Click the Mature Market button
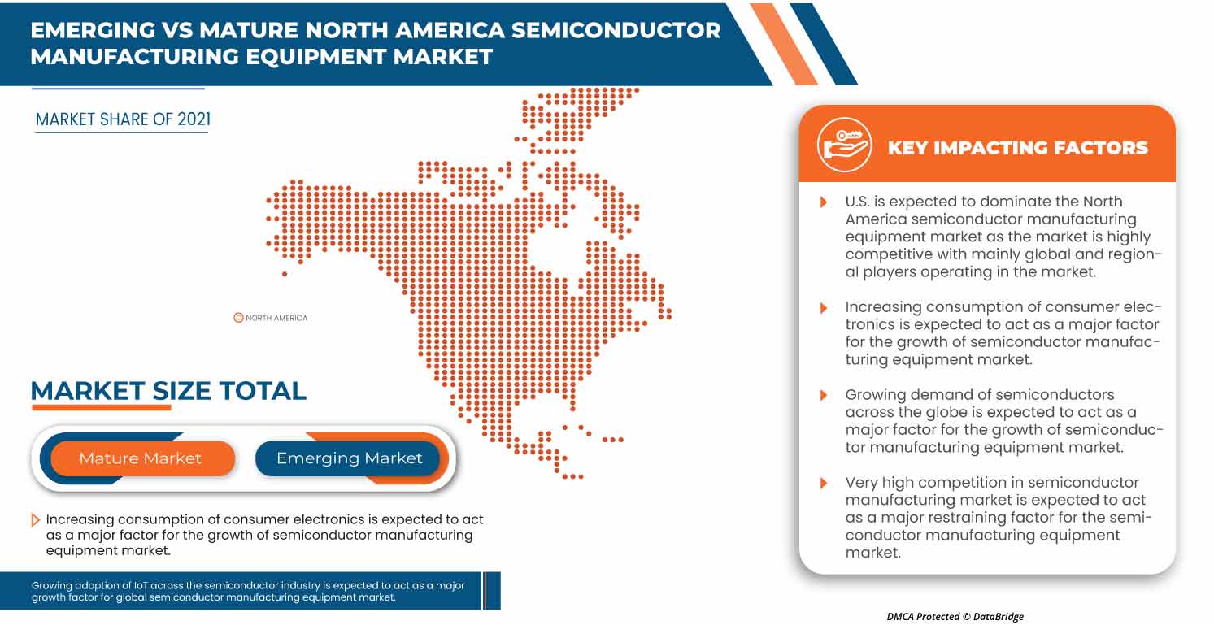140,458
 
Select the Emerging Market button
349,458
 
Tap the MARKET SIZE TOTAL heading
168,391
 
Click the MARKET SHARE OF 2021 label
123,119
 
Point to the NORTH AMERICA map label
276,318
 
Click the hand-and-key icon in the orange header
845,145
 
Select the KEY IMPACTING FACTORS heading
1017,148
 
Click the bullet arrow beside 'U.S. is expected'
824,202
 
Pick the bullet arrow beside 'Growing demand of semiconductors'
824,395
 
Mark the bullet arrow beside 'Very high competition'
824,483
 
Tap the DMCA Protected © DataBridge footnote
955,617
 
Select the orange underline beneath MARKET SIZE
101,407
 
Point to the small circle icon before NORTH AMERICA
238,318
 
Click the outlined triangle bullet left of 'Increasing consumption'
36,519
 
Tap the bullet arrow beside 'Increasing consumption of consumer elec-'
824,307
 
